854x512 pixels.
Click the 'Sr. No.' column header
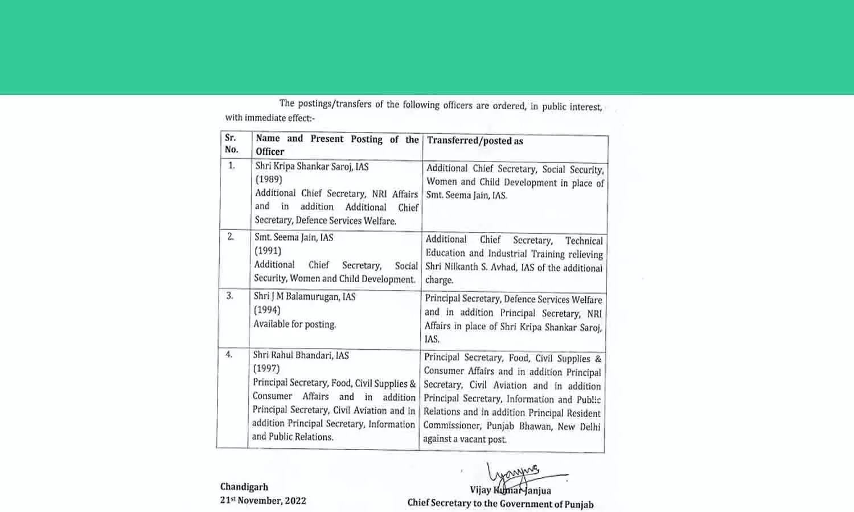[x=231, y=143]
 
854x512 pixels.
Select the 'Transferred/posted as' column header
[x=475, y=141]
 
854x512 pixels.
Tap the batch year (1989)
[x=269, y=179]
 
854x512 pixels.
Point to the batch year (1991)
[x=268, y=251]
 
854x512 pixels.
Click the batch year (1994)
[x=267, y=310]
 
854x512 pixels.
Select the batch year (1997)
[x=266, y=369]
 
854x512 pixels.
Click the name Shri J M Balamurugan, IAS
[x=305, y=296]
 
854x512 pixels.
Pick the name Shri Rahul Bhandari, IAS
[x=301, y=356]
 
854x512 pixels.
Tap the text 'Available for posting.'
[x=295, y=324]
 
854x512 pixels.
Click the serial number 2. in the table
[x=231, y=237]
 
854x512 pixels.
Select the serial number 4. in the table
[x=229, y=354]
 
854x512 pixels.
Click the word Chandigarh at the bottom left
[x=244, y=487]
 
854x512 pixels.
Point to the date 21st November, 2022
[x=263, y=501]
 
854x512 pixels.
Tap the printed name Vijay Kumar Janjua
[x=510, y=490]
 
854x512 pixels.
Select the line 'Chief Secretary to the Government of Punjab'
[x=500, y=504]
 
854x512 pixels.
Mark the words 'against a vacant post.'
[x=465, y=439]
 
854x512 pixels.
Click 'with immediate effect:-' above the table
[x=270, y=118]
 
